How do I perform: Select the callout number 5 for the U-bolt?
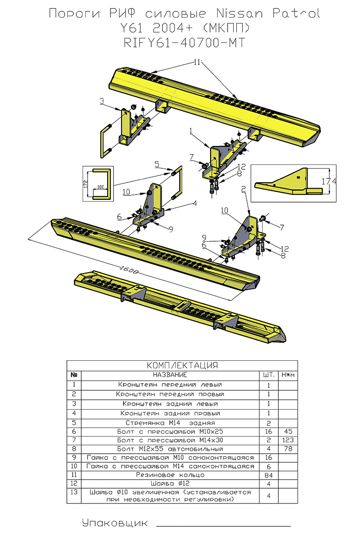(157, 164)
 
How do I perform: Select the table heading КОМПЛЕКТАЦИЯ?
(182, 365)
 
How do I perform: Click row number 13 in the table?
(73, 493)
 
